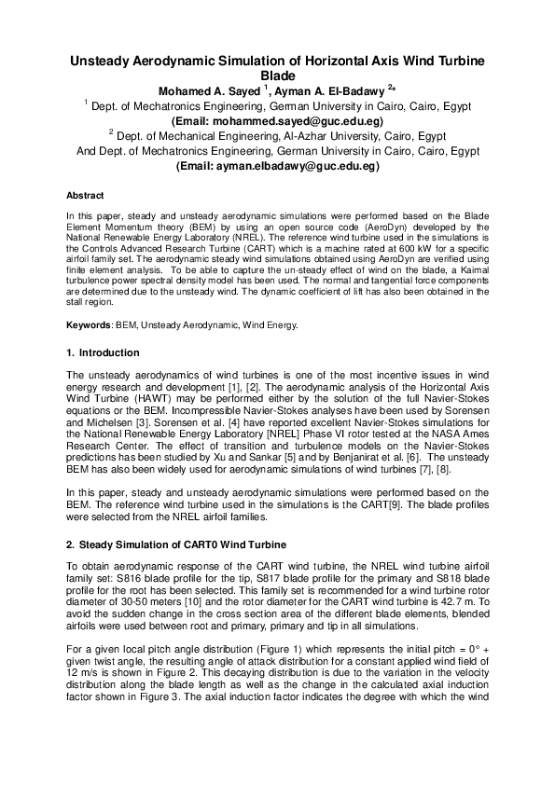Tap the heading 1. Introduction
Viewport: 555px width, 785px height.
(103, 353)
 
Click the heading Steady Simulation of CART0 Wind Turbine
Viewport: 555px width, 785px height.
(182, 544)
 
